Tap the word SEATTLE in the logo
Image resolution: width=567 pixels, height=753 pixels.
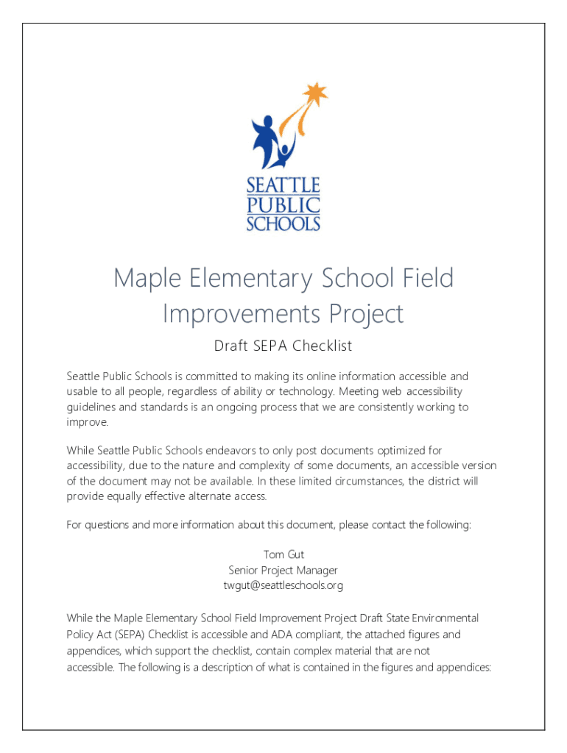(x=283, y=185)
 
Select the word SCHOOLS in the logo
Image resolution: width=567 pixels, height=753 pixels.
(x=283, y=223)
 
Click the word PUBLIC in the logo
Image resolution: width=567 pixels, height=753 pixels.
(x=283, y=204)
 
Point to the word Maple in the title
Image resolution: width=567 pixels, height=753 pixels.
(x=144, y=279)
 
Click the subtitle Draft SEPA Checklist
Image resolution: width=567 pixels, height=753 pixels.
(x=283, y=346)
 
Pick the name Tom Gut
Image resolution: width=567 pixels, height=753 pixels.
(x=283, y=554)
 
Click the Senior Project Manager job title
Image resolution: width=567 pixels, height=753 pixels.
(x=283, y=570)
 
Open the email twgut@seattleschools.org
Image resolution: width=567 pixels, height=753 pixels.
(x=283, y=585)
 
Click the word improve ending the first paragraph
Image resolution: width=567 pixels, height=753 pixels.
(x=87, y=423)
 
